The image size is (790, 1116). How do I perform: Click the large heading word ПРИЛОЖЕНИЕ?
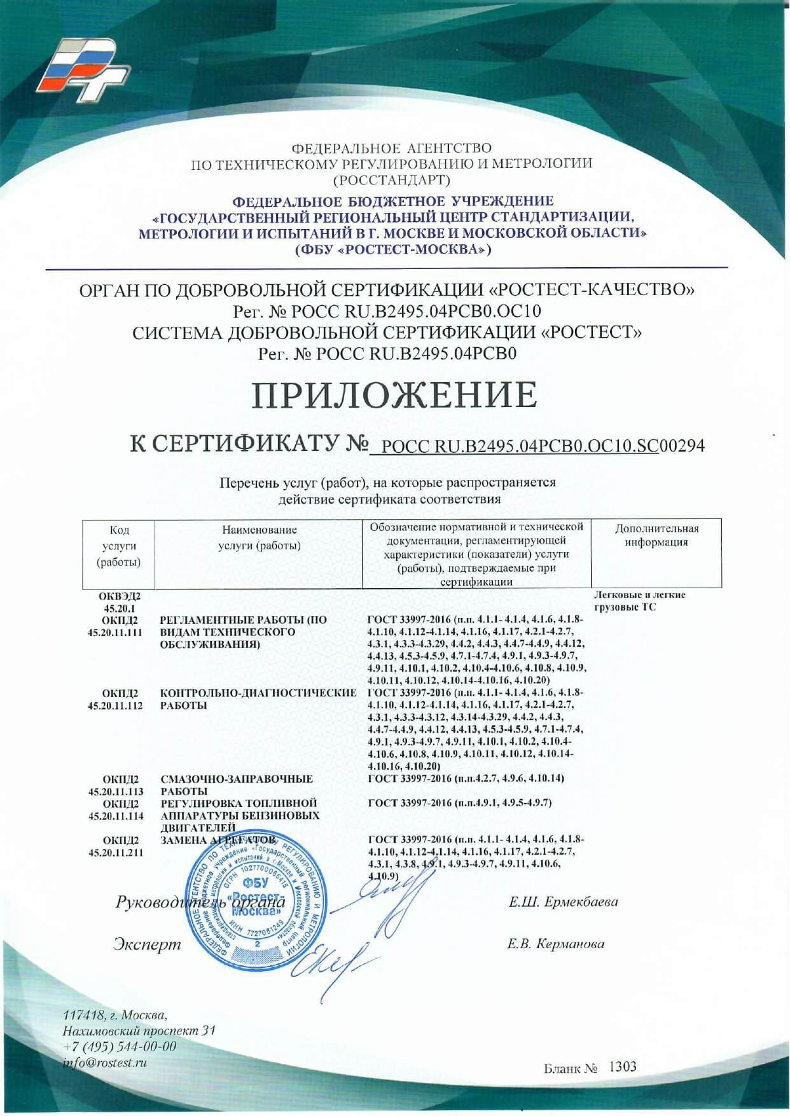click(394, 395)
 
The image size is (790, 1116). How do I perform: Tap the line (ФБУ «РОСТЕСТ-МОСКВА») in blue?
click(392, 249)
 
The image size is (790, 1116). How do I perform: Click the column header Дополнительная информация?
click(656, 535)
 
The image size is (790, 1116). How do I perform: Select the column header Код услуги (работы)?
click(119, 546)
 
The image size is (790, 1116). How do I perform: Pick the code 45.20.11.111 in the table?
click(115, 632)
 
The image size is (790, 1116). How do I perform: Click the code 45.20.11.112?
click(115, 705)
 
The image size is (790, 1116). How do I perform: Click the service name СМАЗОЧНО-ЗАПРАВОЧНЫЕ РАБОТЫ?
click(237, 785)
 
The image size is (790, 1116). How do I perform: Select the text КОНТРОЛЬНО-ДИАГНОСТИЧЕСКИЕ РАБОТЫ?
click(258, 699)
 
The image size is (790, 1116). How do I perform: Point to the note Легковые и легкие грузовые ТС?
click(640, 601)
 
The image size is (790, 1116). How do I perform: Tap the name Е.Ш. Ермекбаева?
click(563, 902)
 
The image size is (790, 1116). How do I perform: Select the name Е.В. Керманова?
click(555, 944)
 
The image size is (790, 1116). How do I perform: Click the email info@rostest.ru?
click(105, 1062)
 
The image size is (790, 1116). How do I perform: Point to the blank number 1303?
click(622, 1066)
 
